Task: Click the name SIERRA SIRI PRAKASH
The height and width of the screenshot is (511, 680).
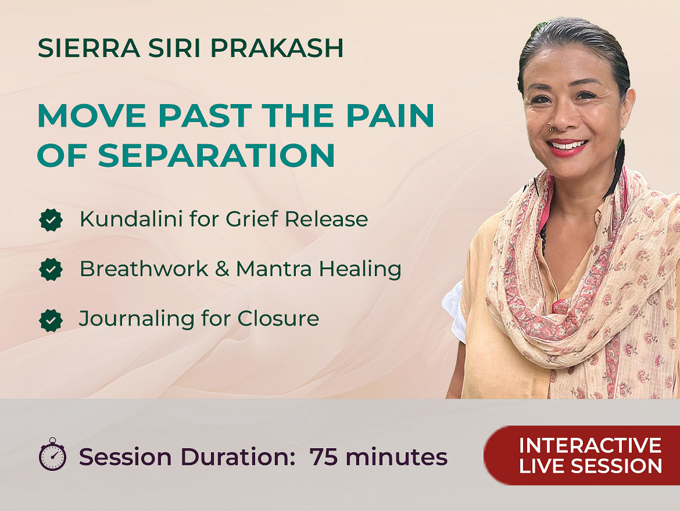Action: (191, 48)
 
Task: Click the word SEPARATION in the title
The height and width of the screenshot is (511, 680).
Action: (216, 155)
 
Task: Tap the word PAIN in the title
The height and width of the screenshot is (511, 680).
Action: (390, 115)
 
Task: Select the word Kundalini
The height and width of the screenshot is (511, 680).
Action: (131, 219)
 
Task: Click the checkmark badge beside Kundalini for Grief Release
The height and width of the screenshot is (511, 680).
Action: (51, 220)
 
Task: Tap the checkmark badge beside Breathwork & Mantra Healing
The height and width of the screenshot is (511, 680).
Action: (51, 269)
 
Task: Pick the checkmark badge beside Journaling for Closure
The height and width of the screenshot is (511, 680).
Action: (51, 320)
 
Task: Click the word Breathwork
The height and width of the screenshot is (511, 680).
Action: (144, 269)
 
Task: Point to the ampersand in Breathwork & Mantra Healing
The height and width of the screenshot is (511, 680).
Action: (222, 269)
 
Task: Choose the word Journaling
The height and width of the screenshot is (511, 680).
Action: (137, 319)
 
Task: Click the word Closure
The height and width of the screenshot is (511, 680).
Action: (278, 319)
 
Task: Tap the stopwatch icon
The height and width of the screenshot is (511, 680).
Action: (52, 454)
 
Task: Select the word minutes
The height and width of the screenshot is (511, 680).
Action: (396, 457)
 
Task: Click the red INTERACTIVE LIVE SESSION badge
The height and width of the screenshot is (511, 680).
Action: (582, 455)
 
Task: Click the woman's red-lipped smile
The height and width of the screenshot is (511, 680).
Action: (567, 148)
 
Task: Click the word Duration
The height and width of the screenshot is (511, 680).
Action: (238, 457)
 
